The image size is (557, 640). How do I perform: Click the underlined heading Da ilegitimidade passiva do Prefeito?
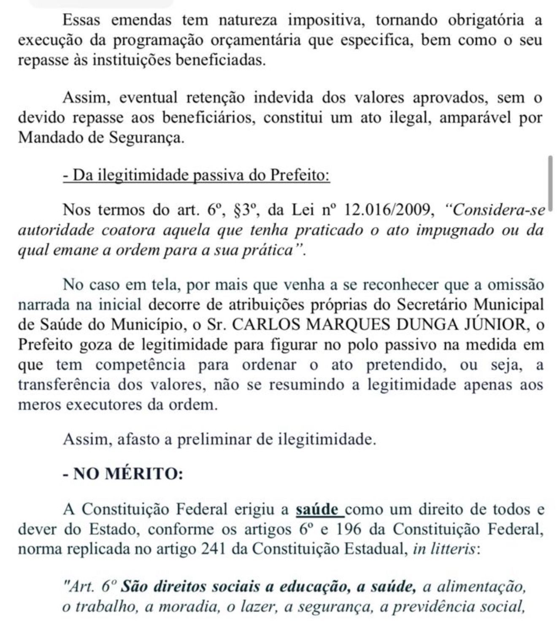click(x=196, y=175)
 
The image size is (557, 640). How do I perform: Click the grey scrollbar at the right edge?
click(x=550, y=179)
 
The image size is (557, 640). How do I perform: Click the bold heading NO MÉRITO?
click(x=122, y=474)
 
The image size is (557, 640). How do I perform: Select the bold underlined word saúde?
click(x=319, y=510)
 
